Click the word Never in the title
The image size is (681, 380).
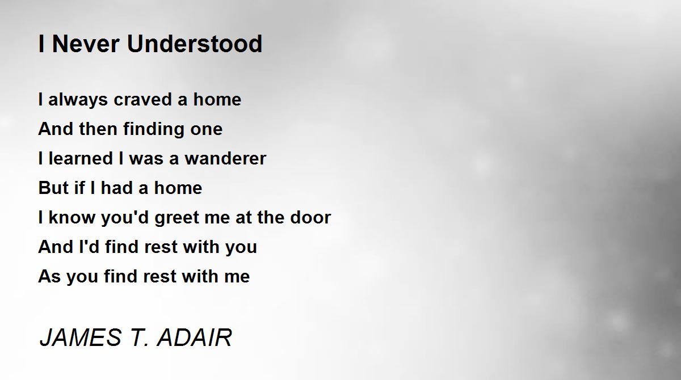(86, 44)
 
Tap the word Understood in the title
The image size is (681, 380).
(195, 44)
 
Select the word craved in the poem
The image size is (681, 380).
(143, 100)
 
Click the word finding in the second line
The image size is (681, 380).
(154, 129)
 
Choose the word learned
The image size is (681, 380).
(81, 159)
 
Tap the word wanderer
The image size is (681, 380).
(225, 159)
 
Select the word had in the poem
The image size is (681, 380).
(117, 188)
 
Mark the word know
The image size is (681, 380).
(72, 217)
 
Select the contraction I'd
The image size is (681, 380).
(89, 247)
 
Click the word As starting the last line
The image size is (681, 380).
(49, 276)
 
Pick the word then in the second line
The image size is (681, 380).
(98, 129)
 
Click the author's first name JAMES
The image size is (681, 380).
(81, 337)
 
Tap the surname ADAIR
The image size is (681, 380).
(195, 337)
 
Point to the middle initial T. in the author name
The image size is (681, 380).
(139, 337)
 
